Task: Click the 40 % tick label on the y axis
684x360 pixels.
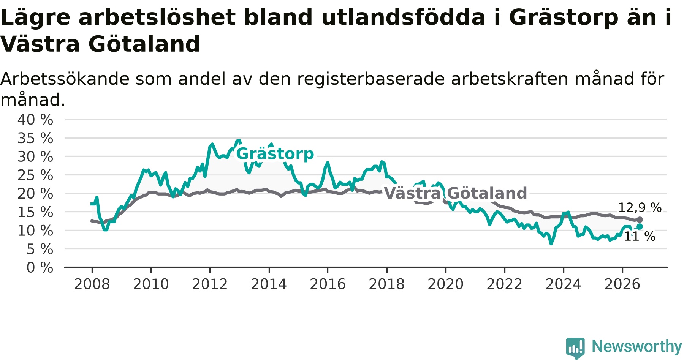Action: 35,120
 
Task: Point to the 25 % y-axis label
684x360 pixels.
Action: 35,175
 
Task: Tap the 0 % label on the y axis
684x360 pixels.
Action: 40,268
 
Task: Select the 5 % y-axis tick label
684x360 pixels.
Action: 40,249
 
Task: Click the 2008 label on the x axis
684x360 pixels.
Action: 92,284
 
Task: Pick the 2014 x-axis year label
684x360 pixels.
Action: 269,284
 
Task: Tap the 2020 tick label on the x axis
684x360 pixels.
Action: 446,284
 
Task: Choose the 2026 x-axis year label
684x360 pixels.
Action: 622,284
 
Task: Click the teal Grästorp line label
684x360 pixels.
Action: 275,154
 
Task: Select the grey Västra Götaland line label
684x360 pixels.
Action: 456,193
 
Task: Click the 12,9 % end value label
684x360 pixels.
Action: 640,208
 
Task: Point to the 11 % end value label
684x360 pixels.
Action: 640,237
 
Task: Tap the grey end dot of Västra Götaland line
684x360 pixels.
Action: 640,219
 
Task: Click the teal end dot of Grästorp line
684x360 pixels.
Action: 640,226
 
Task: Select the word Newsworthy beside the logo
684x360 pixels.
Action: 637,346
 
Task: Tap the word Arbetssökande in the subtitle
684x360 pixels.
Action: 65,79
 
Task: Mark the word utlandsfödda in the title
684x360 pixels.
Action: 403,17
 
